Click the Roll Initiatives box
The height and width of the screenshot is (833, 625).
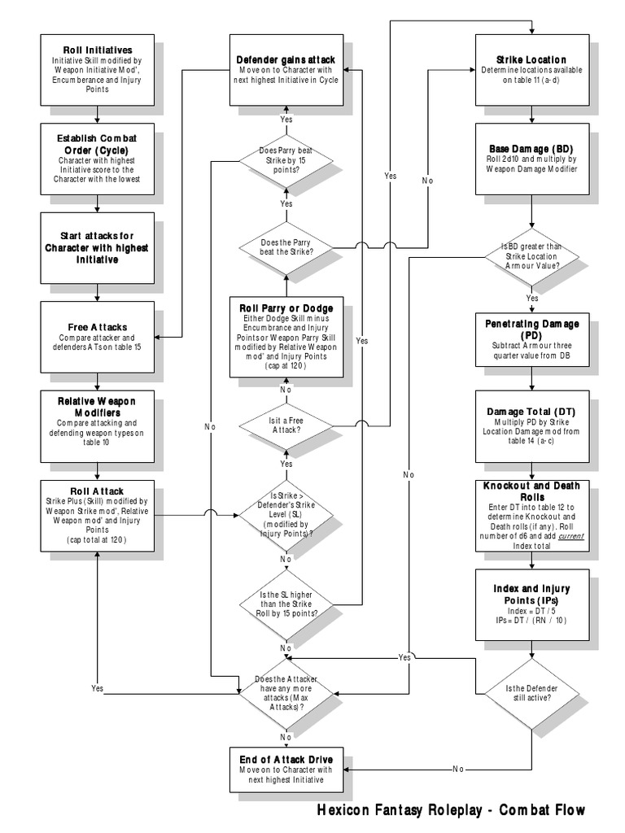[97, 68]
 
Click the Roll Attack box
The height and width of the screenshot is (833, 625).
[97, 514]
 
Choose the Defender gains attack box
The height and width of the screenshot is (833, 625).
[286, 70]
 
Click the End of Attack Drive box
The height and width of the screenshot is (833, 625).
[286, 768]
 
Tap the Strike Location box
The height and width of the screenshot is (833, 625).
[531, 70]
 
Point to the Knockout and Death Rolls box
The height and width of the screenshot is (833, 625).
[531, 514]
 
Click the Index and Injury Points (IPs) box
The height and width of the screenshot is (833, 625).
[531, 604]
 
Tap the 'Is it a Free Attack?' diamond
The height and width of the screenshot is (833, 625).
[286, 424]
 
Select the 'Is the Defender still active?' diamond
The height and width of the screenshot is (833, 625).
[531, 694]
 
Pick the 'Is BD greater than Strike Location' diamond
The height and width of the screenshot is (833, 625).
[531, 255]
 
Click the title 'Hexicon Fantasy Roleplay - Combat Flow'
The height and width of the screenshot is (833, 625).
[450, 811]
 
